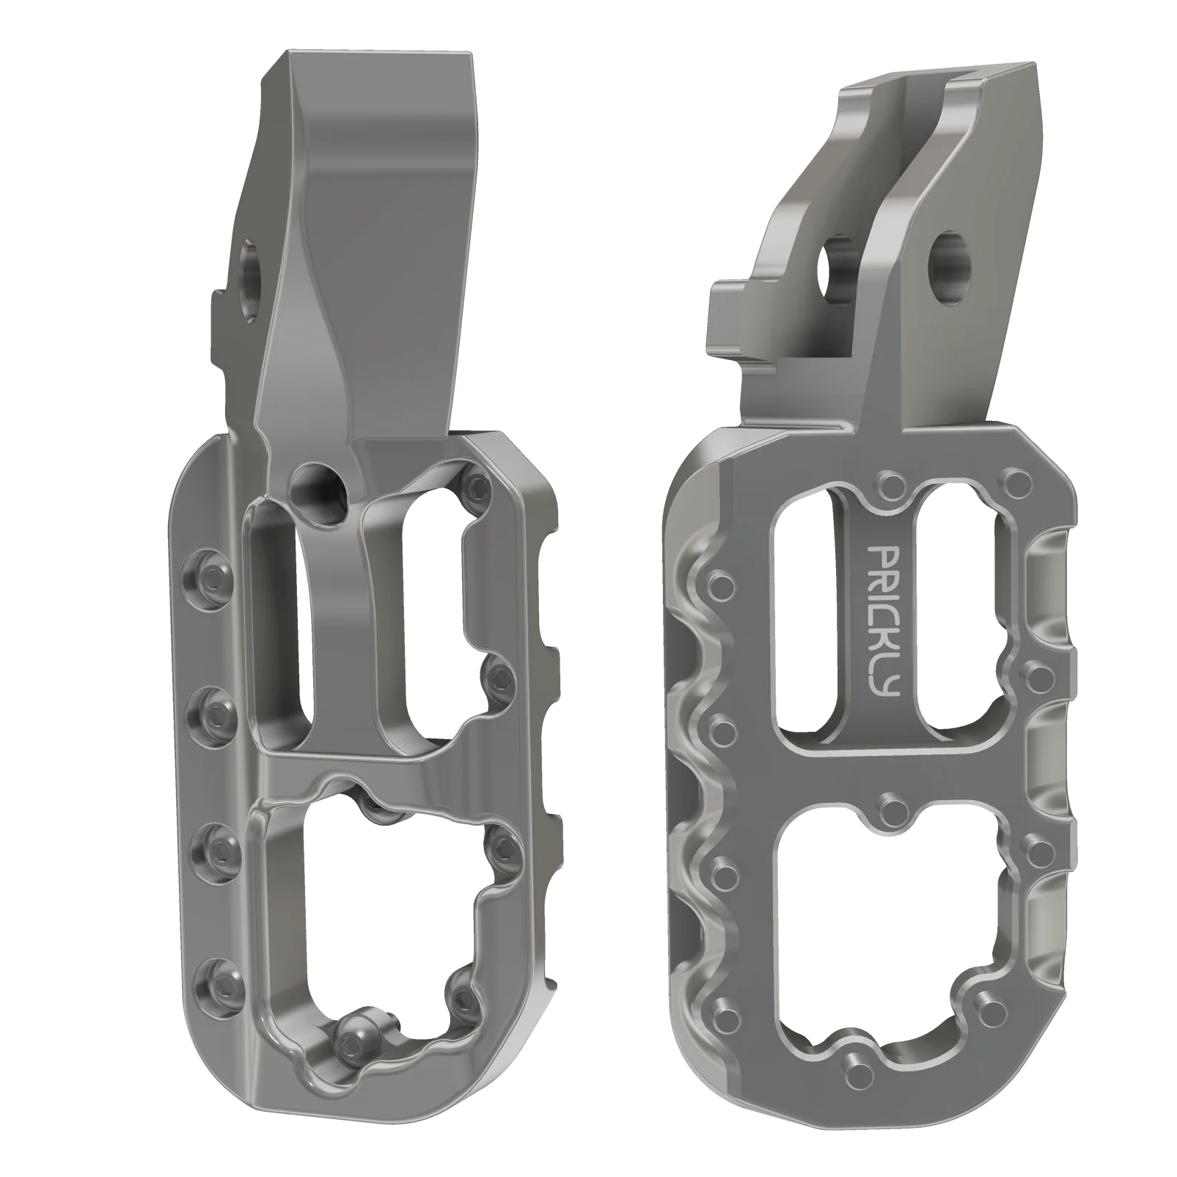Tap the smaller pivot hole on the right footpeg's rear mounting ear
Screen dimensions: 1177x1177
pos(838,275)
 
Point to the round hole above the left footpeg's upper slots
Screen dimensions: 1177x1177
pos(318,485)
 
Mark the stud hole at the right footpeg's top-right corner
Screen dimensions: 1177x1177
pos(1016,482)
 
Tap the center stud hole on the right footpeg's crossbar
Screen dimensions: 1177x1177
pos(892,809)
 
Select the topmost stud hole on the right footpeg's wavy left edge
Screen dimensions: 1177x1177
pos(723,584)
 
